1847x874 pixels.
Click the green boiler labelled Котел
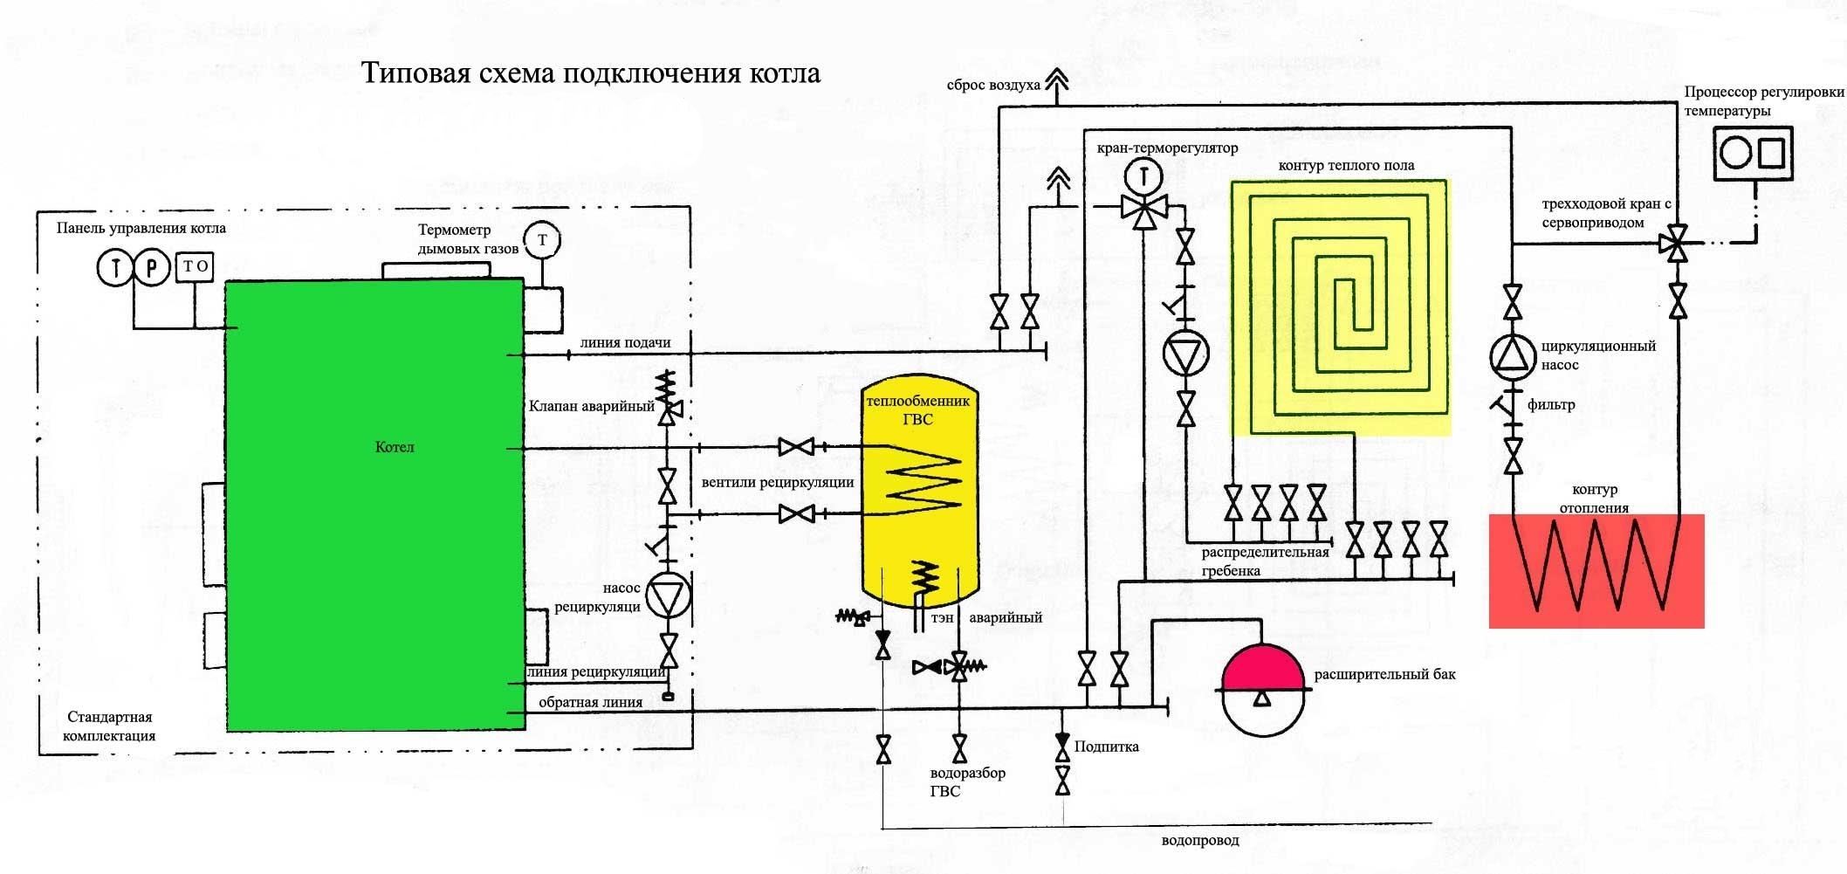374,506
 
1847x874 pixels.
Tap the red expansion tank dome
1263,668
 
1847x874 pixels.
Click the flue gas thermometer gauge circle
542,240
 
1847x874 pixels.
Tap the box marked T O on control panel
196,267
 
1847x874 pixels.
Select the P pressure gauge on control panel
151,267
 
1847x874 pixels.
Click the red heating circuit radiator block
1596,571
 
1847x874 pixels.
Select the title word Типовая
414,73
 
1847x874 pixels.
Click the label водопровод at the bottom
1200,841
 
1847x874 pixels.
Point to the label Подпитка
1107,747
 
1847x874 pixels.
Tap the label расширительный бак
1384,675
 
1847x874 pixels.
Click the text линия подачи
625,342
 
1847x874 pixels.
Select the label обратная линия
590,702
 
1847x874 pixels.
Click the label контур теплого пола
1346,166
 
